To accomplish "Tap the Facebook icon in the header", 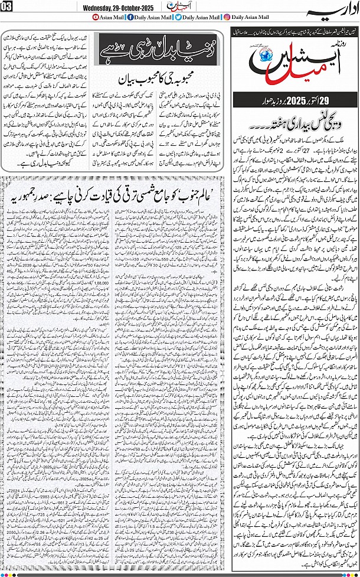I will (129, 17).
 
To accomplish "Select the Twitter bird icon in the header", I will (178, 17).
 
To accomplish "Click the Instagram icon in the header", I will (227, 17).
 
